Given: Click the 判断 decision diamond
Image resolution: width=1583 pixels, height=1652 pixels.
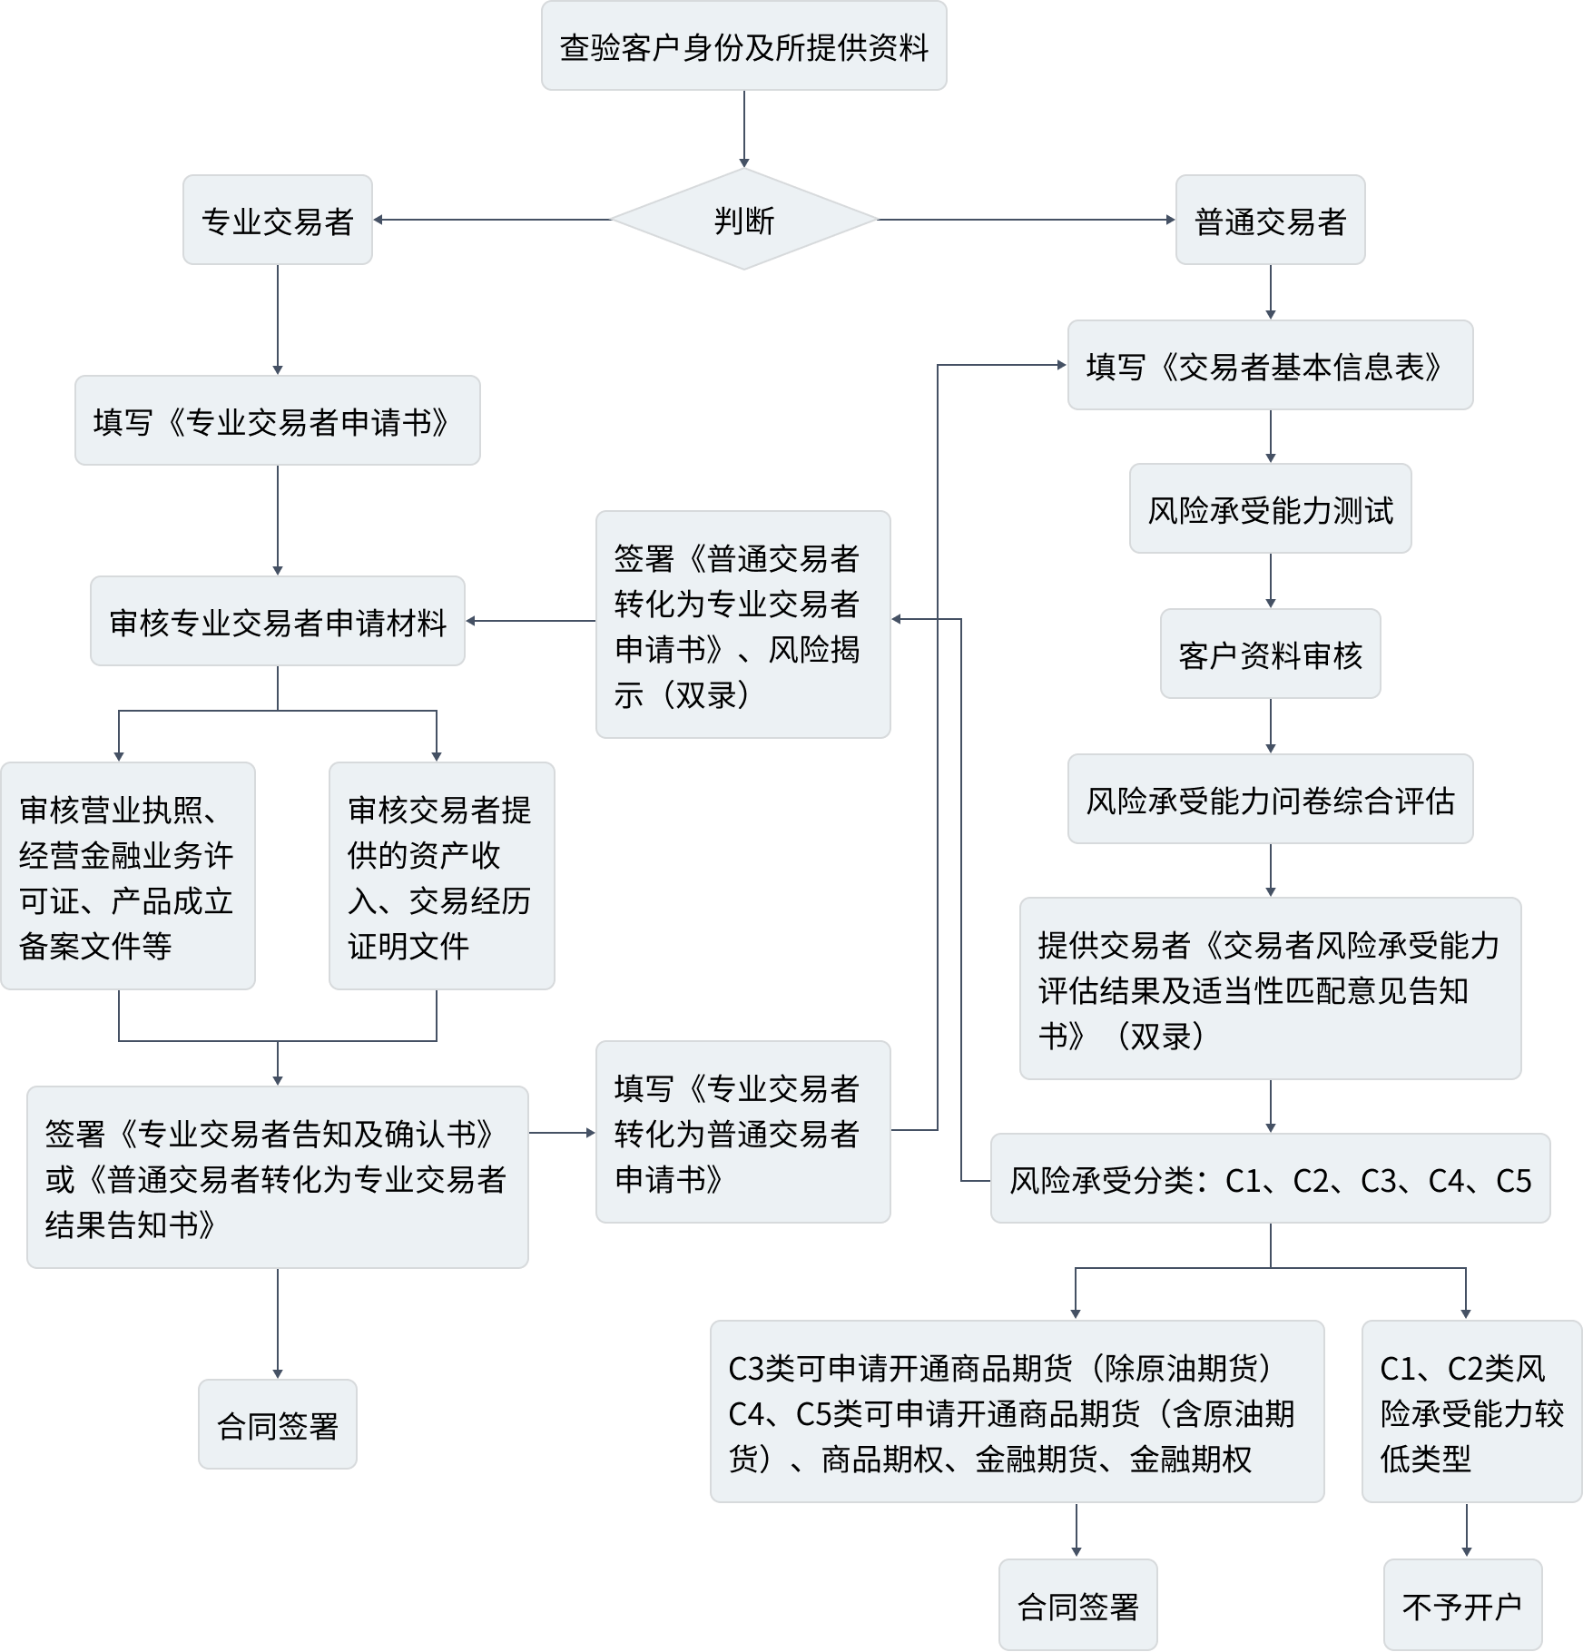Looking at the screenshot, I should point(743,220).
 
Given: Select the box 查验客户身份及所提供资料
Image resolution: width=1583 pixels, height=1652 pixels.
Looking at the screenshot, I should point(743,46).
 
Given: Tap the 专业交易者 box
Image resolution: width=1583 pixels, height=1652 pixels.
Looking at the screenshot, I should point(277,221).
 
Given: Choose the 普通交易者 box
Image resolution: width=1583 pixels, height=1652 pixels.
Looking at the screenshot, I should point(1270,221).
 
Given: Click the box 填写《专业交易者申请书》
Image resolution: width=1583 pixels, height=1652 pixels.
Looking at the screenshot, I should point(277,421).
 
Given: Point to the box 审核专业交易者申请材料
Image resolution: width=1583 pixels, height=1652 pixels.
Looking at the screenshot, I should point(277,622).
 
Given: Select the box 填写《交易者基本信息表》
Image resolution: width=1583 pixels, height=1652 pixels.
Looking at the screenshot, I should point(1270,366).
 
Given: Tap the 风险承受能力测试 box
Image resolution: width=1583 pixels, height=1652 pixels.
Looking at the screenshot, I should point(1270,509).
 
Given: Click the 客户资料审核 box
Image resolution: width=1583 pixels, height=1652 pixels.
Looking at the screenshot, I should point(1270,654).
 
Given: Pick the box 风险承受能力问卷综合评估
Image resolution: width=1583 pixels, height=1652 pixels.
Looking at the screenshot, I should point(1270,800).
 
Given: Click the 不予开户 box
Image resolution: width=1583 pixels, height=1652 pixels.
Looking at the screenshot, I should point(1462,1606).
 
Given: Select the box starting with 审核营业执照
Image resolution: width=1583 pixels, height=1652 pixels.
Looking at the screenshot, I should point(127,876).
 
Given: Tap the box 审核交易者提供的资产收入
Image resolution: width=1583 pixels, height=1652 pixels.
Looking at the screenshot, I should point(441,876).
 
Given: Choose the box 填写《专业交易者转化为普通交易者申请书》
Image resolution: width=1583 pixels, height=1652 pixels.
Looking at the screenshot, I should point(742,1132).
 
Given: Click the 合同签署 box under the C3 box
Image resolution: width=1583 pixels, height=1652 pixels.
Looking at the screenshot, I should point(1077,1606).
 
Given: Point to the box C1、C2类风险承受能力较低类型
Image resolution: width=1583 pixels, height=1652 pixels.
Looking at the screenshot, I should point(1471,1412).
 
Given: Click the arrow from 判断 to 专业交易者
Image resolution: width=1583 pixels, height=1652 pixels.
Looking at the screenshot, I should point(490,220).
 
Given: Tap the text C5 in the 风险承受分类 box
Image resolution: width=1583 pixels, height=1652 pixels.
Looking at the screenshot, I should point(1513,1180).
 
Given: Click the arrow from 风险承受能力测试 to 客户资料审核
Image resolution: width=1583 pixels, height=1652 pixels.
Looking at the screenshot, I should point(1270,581).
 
